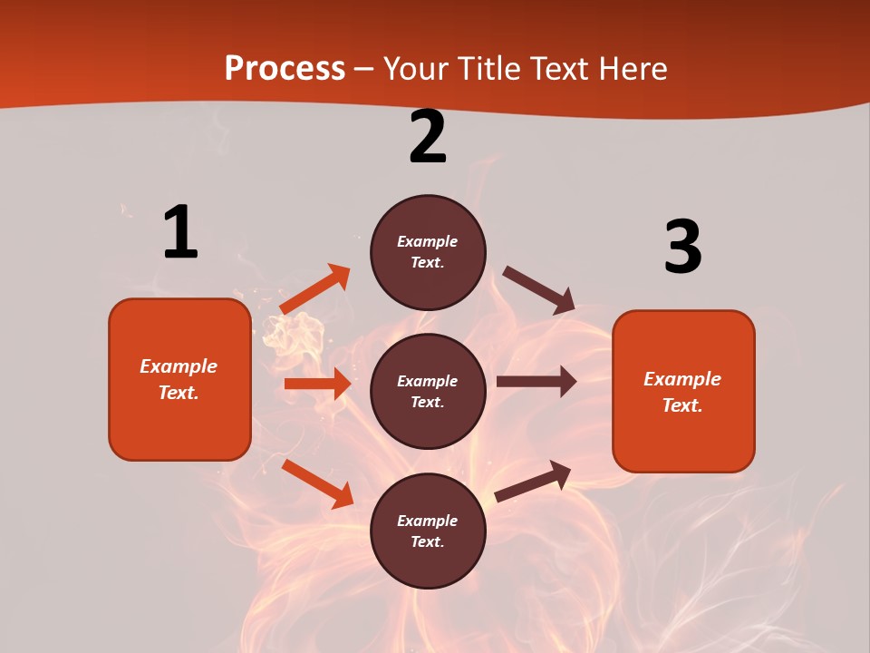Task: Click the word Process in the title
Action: click(285, 69)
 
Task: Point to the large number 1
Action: click(179, 233)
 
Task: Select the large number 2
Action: click(428, 137)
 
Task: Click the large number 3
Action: click(682, 248)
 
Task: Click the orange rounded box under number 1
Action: click(179, 379)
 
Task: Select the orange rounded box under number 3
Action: click(683, 391)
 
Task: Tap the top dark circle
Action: click(428, 252)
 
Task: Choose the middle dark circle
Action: click(428, 391)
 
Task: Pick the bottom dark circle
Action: click(428, 531)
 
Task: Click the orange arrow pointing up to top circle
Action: click(315, 289)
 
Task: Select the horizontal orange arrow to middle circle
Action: click(317, 384)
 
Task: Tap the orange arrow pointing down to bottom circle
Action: click(317, 483)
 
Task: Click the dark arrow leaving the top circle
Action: click(538, 290)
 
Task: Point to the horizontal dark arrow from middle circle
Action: click(536, 382)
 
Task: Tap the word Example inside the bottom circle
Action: click(427, 521)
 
